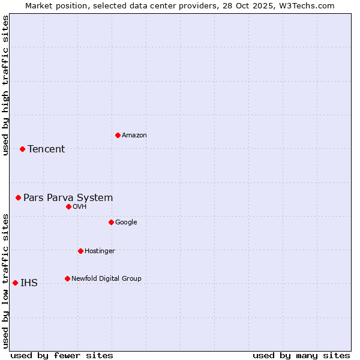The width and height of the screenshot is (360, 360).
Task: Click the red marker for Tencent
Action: coord(22,149)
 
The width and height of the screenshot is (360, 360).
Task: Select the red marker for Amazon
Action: coord(118,135)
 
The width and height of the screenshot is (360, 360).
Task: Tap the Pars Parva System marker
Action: coord(18,197)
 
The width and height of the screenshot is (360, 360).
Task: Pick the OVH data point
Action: coord(68,206)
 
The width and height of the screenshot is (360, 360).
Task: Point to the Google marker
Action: coord(111,222)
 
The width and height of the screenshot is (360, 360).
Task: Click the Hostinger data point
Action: coord(80,251)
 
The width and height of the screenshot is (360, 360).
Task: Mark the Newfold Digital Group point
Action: coord(67,278)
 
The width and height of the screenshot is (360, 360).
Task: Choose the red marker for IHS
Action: coord(15,283)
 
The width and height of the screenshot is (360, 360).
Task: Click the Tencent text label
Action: coord(46,149)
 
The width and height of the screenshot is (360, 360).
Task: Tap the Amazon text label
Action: coord(134,136)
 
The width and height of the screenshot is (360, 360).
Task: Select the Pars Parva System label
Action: coord(68,198)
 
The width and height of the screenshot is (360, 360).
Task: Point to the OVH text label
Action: coord(80,207)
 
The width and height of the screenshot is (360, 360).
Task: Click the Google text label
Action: coord(126,223)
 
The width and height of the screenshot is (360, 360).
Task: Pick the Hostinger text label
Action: coord(100,251)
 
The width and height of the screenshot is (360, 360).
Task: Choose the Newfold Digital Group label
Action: coord(106,279)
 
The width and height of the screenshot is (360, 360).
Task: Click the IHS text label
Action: coord(29,283)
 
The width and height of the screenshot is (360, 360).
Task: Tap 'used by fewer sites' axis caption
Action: coord(62,355)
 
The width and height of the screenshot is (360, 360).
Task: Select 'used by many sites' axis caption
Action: coord(301,355)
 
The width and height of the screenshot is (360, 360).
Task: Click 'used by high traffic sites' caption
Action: coord(5,85)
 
